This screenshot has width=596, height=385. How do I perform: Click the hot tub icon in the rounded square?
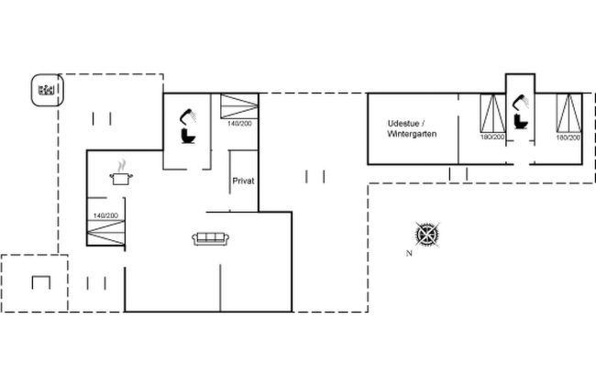(47, 90)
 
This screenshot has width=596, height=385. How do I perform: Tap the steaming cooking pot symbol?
(121, 173)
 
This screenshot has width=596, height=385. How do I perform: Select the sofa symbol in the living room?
(211, 238)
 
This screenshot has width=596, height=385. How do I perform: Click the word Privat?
(243, 181)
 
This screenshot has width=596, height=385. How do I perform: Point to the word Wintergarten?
(412, 134)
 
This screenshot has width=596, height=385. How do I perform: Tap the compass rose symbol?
(427, 234)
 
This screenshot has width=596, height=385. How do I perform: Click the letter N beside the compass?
(409, 253)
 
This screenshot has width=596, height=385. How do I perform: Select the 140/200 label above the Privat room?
(239, 124)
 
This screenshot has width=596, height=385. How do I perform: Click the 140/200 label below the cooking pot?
(105, 215)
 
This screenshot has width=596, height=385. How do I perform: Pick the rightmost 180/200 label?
(568, 137)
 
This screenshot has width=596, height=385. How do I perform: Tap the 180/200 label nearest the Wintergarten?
(492, 137)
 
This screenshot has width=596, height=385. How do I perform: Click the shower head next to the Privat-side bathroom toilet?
(188, 115)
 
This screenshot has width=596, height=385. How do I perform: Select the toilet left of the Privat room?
(188, 136)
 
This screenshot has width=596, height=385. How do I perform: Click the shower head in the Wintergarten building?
(520, 102)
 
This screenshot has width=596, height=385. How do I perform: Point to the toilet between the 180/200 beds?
(520, 121)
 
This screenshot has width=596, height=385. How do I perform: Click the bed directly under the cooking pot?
(105, 233)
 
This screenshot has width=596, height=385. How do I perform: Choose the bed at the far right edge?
(569, 114)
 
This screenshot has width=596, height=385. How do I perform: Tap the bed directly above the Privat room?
(239, 106)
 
